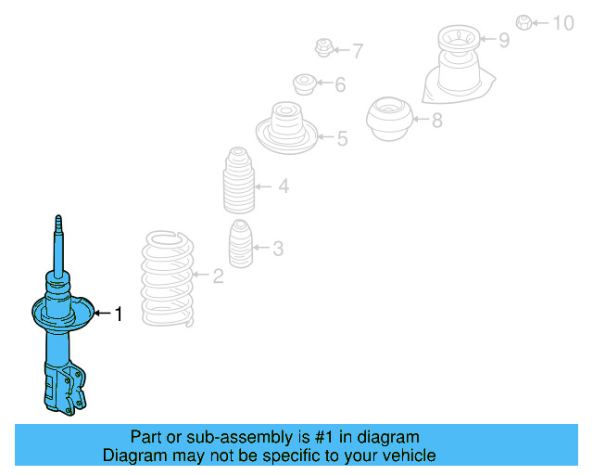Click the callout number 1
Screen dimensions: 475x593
(118, 315)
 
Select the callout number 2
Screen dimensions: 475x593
(218, 276)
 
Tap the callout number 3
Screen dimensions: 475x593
(278, 248)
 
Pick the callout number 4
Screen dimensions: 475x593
(283, 186)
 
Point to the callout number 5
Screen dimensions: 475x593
(342, 139)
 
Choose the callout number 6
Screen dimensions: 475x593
(340, 85)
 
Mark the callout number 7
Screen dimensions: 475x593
(357, 50)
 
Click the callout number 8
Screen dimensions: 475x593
(436, 119)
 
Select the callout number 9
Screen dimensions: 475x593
(504, 40)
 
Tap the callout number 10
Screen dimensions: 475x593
(563, 22)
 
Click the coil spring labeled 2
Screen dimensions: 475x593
(168, 277)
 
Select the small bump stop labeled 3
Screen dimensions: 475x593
(240, 248)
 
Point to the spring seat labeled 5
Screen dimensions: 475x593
(285, 129)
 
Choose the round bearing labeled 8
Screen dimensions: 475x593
(388, 119)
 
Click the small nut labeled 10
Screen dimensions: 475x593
(524, 21)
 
